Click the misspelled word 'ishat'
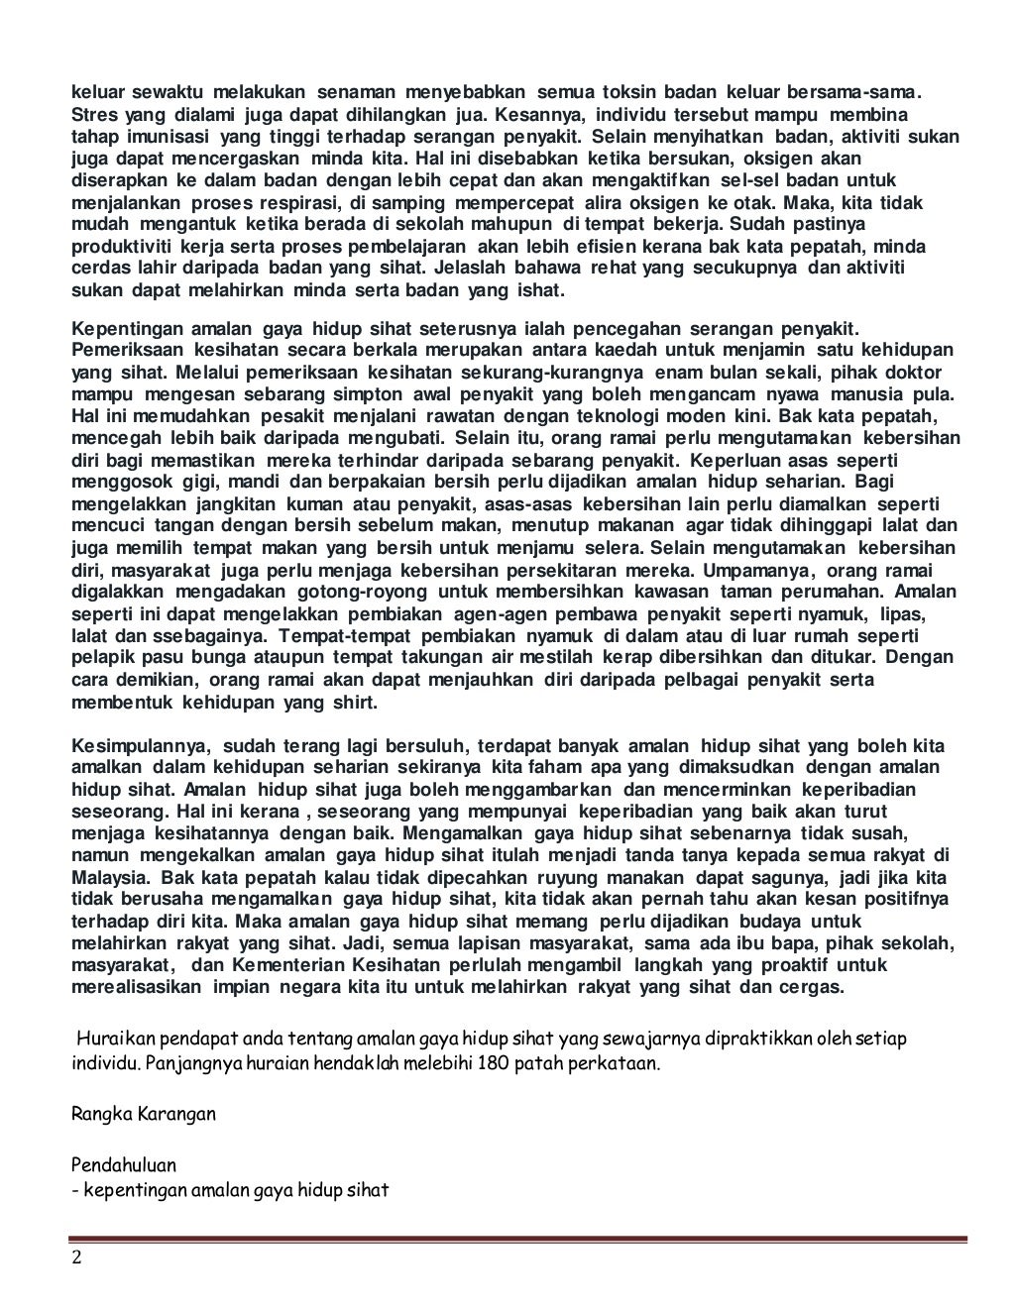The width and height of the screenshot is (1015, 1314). point(540,290)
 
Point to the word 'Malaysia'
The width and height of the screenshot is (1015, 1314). point(111,878)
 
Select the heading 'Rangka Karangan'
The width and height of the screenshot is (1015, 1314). point(144,1113)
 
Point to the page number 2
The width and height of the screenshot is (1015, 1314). point(76,1259)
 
